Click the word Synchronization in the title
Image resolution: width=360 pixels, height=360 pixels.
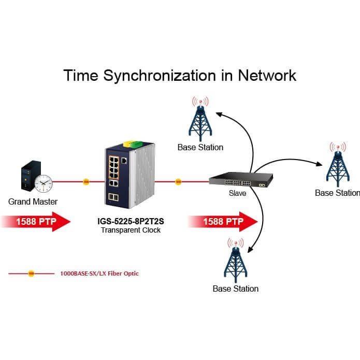point(160,76)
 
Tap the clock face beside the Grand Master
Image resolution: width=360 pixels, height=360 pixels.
point(44,183)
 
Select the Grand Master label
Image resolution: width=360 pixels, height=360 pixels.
point(33,201)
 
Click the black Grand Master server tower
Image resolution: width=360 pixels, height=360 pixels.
point(30,175)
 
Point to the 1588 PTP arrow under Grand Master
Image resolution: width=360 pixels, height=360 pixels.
point(36,222)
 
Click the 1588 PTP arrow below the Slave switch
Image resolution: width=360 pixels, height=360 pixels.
point(223,222)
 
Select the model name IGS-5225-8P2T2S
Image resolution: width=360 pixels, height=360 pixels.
point(131,221)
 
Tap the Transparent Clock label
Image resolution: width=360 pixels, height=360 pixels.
point(131,230)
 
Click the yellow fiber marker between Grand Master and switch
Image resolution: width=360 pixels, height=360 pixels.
point(86,182)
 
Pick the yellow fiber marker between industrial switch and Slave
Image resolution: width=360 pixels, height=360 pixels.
point(178,182)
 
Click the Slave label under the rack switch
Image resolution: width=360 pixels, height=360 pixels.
point(237,193)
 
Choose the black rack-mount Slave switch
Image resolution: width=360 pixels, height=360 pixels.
point(241,180)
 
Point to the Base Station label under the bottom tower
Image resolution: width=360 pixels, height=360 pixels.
point(236,289)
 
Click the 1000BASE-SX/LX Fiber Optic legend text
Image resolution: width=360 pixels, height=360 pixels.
point(99,273)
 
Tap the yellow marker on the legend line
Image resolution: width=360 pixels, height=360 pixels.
point(31,273)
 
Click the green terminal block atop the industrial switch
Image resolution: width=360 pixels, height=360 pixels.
point(136,144)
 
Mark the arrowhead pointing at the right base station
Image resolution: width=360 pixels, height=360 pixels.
point(320,164)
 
